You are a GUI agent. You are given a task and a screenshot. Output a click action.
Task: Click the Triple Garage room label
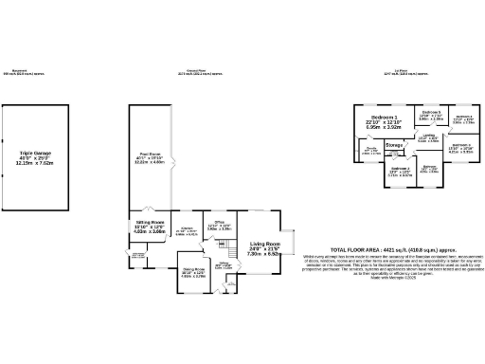point(39,156)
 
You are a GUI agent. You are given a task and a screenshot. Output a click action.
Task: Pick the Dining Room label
point(193,273)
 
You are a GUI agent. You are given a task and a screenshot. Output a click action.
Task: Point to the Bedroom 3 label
point(460,149)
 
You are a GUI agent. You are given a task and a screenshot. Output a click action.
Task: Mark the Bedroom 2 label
point(400,172)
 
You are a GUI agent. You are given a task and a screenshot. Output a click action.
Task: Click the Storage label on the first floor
point(395,145)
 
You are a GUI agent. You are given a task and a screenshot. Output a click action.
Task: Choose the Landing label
point(429,138)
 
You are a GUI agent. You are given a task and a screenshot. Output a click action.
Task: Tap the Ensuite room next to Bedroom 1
point(372,151)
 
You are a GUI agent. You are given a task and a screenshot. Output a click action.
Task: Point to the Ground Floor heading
point(196,72)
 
